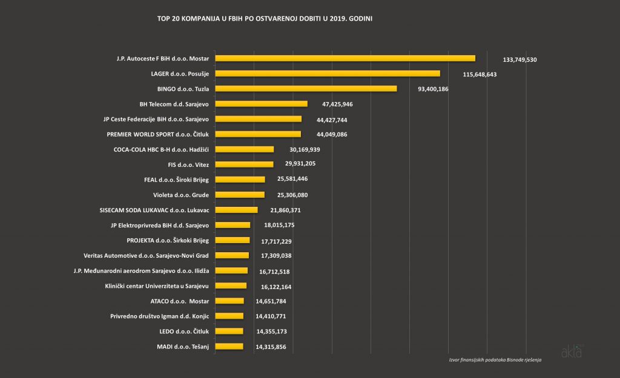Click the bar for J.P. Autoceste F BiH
[345, 58]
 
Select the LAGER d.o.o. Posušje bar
[328, 73]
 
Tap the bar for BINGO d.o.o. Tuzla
[306, 88]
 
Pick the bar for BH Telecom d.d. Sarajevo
[262, 104]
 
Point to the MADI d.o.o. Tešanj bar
[229, 347]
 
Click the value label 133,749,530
[519, 60]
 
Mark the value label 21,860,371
[285, 210]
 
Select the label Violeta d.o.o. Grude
[181, 195]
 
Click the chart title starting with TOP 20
[265, 19]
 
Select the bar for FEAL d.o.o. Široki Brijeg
[240, 180]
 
